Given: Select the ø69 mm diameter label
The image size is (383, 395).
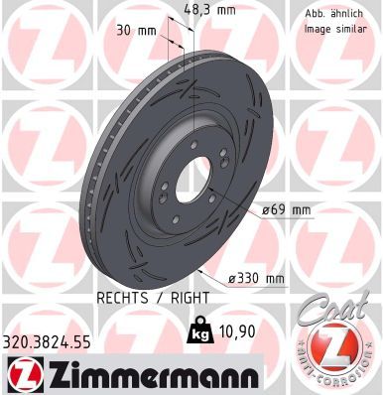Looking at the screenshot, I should (286, 209).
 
